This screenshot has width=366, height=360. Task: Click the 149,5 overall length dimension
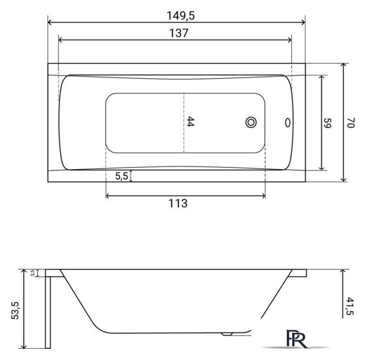tap(180, 16)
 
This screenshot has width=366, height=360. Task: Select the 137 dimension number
tap(179, 33)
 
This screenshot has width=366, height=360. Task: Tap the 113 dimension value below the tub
tap(178, 203)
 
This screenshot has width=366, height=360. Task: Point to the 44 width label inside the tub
tap(191, 121)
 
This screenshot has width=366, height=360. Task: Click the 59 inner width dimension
tap(328, 123)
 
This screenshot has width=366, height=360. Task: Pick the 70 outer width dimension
tap(351, 123)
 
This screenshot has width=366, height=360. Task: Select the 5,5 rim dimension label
tap(121, 176)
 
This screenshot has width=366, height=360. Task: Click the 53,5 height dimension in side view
tap(15, 310)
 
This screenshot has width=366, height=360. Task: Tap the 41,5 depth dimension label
tap(350, 306)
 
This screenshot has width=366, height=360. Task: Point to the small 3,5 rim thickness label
tap(33, 273)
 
